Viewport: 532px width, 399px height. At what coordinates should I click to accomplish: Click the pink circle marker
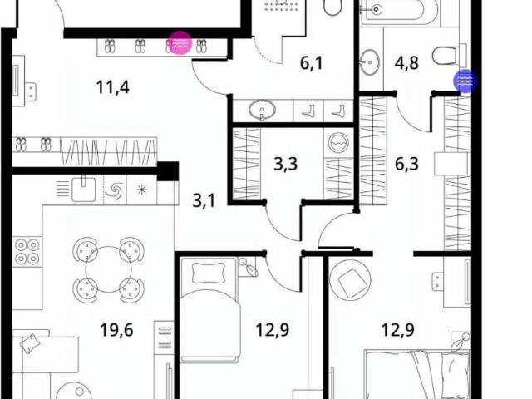click(180, 42)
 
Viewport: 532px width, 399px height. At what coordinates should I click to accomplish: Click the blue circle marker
click(465, 81)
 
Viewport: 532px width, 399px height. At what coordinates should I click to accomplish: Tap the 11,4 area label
click(113, 87)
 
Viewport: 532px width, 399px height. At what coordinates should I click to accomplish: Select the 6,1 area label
click(312, 63)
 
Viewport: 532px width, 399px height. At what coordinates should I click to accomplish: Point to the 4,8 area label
click(406, 63)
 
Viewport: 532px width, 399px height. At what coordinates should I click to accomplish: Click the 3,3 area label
click(286, 164)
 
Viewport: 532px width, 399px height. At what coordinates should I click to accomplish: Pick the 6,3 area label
click(406, 164)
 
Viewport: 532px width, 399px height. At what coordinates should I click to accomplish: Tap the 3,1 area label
click(204, 201)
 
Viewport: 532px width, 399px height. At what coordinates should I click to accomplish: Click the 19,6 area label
click(116, 330)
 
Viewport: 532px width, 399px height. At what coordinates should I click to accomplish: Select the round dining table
click(108, 269)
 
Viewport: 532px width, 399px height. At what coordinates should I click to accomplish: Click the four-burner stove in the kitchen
click(27, 251)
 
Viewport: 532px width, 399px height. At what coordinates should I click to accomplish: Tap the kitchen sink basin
click(83, 189)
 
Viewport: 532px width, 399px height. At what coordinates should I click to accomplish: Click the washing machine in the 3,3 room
click(338, 142)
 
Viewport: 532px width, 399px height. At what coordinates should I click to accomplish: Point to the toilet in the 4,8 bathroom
click(446, 56)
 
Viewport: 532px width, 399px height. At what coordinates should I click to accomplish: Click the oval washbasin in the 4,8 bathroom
click(369, 62)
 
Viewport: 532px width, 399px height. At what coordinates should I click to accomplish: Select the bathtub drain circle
click(375, 9)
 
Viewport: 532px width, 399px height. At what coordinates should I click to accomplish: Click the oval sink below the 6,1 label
click(262, 110)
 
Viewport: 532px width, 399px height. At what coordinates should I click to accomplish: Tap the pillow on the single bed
click(209, 273)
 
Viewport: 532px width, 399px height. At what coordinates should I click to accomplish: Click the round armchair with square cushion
click(350, 280)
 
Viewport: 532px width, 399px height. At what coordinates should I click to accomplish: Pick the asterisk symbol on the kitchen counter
click(142, 190)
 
